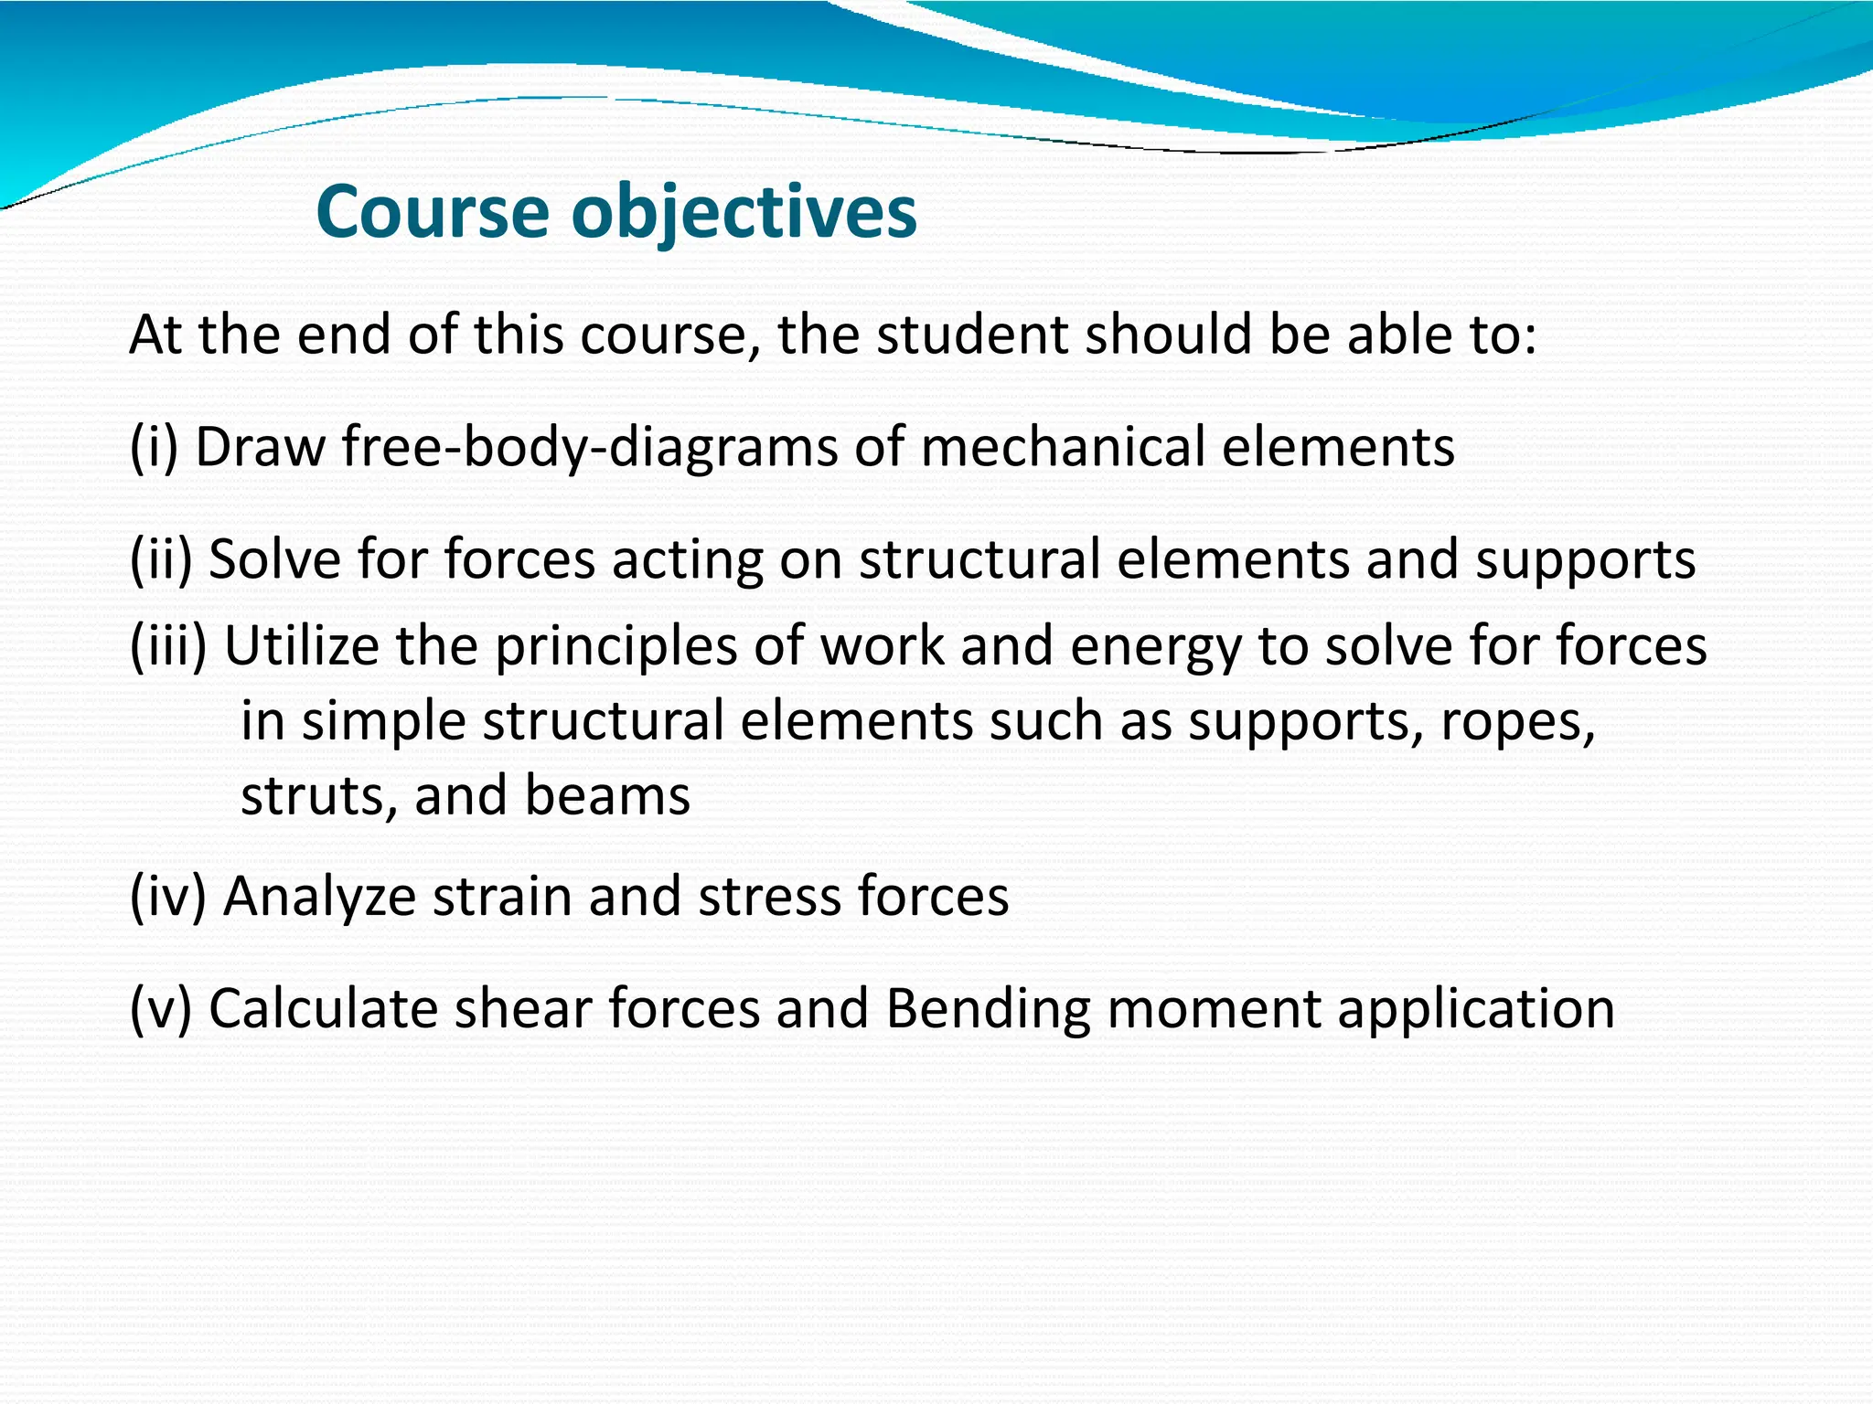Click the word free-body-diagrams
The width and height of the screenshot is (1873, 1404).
tap(590, 448)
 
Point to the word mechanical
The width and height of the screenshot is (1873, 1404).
tap(1062, 448)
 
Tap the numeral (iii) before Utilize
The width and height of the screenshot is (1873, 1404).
tap(168, 646)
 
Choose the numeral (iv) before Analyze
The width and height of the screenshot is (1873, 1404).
tap(168, 896)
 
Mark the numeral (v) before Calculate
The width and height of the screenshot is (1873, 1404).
tap(161, 1008)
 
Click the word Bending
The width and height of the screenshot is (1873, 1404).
tap(988, 1010)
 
